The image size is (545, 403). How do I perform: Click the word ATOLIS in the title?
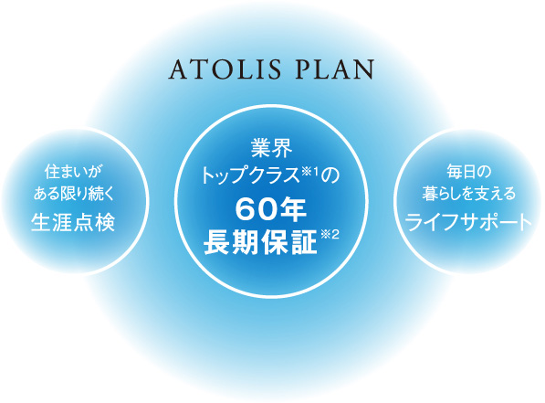[x=225, y=69]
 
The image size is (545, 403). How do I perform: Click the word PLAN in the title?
[x=335, y=69]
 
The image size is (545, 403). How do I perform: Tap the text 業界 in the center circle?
[x=271, y=149]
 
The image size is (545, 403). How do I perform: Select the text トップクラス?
[x=250, y=175]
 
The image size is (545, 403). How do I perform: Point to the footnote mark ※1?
[x=310, y=171]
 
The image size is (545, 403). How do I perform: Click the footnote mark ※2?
[x=330, y=235]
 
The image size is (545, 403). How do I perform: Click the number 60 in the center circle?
[x=252, y=211]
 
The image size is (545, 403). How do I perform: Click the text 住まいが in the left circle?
[x=74, y=172]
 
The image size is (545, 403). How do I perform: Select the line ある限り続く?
[x=74, y=194]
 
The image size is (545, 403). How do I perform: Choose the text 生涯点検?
[x=73, y=222]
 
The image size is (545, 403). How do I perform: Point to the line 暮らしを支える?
[x=469, y=194]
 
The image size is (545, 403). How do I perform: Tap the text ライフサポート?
[x=468, y=222]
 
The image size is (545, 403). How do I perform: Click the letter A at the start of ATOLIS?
[x=178, y=69]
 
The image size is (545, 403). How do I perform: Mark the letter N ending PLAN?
[x=364, y=69]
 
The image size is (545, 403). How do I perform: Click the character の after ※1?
[x=330, y=175]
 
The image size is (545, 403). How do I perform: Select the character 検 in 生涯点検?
[x=105, y=222]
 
